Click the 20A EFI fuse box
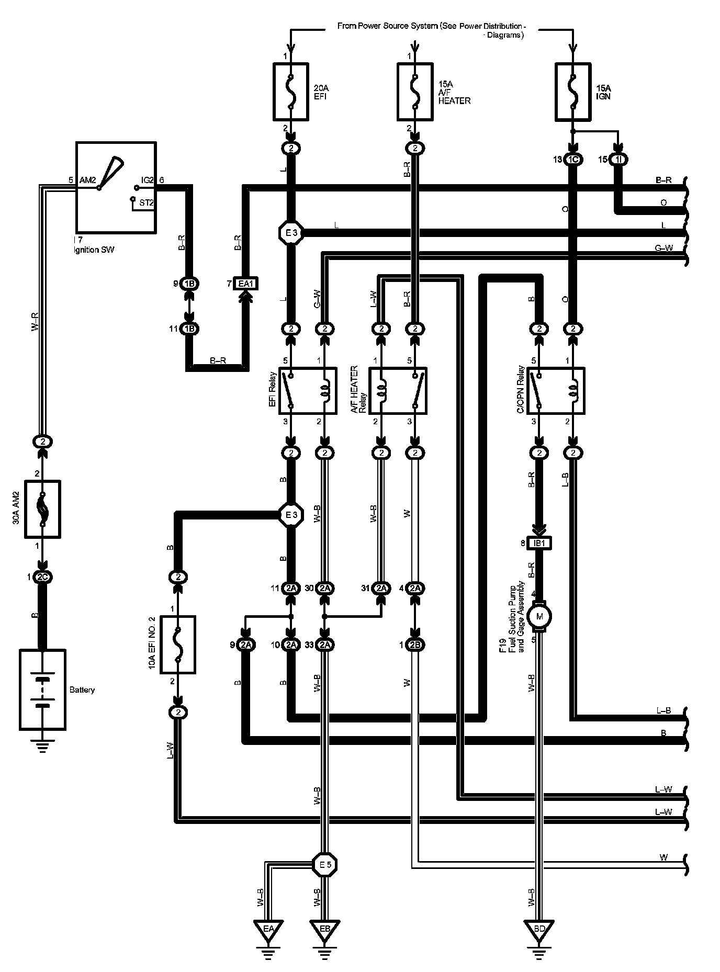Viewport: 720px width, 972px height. (x=291, y=91)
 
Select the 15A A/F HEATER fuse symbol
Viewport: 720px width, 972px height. (x=415, y=91)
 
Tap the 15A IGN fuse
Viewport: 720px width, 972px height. (x=573, y=91)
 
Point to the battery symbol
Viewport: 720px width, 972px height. (x=42, y=690)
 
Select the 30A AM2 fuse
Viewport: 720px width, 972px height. (x=43, y=509)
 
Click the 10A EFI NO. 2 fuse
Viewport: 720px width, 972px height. (x=178, y=645)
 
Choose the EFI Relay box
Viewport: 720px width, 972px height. (x=307, y=391)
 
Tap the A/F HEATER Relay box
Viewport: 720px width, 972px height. (x=398, y=391)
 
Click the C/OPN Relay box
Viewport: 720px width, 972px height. (x=556, y=391)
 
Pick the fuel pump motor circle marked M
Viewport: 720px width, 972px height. (x=539, y=617)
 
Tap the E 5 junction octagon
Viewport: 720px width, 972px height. (x=324, y=865)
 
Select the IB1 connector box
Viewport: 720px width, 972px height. (x=539, y=543)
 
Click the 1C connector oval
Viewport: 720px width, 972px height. (x=573, y=160)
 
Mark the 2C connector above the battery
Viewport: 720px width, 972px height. (x=42, y=578)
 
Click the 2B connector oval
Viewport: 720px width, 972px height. (x=415, y=645)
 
